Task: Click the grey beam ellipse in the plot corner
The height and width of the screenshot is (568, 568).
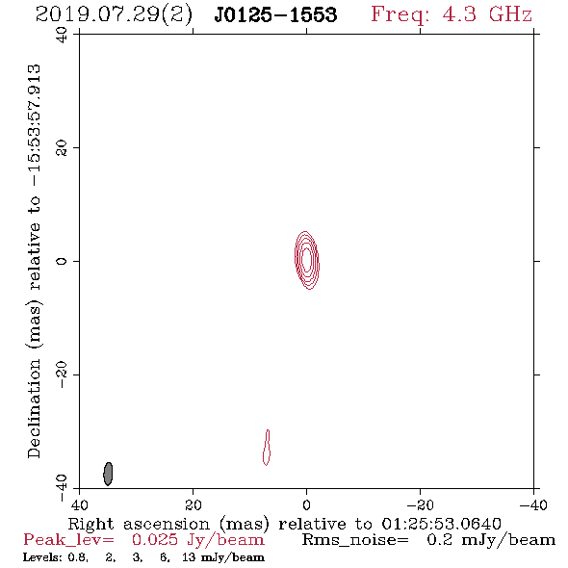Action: tap(108, 474)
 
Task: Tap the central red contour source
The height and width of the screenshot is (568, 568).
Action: tap(307, 260)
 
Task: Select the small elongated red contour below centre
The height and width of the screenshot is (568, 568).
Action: tap(267, 448)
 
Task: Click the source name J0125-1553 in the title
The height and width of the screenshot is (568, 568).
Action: tap(275, 14)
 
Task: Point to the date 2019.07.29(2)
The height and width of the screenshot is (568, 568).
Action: tap(114, 15)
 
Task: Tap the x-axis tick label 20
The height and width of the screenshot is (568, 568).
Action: tap(194, 504)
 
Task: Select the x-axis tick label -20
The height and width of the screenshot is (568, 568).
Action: tap(420, 504)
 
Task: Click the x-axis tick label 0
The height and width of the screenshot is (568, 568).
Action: tap(307, 504)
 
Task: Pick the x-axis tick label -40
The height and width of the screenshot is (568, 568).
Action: tap(533, 504)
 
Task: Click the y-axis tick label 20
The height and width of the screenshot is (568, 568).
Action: tap(62, 148)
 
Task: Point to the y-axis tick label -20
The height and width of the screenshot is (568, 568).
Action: tap(62, 374)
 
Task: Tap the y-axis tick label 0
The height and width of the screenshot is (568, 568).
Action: tap(62, 261)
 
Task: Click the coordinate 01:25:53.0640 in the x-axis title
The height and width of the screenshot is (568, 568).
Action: tap(441, 524)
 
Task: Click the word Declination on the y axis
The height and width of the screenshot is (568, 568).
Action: tap(35, 408)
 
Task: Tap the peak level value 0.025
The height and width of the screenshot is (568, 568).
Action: tap(155, 540)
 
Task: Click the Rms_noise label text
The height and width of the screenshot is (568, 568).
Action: tap(355, 540)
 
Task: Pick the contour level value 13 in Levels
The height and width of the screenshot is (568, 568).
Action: tap(189, 557)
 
